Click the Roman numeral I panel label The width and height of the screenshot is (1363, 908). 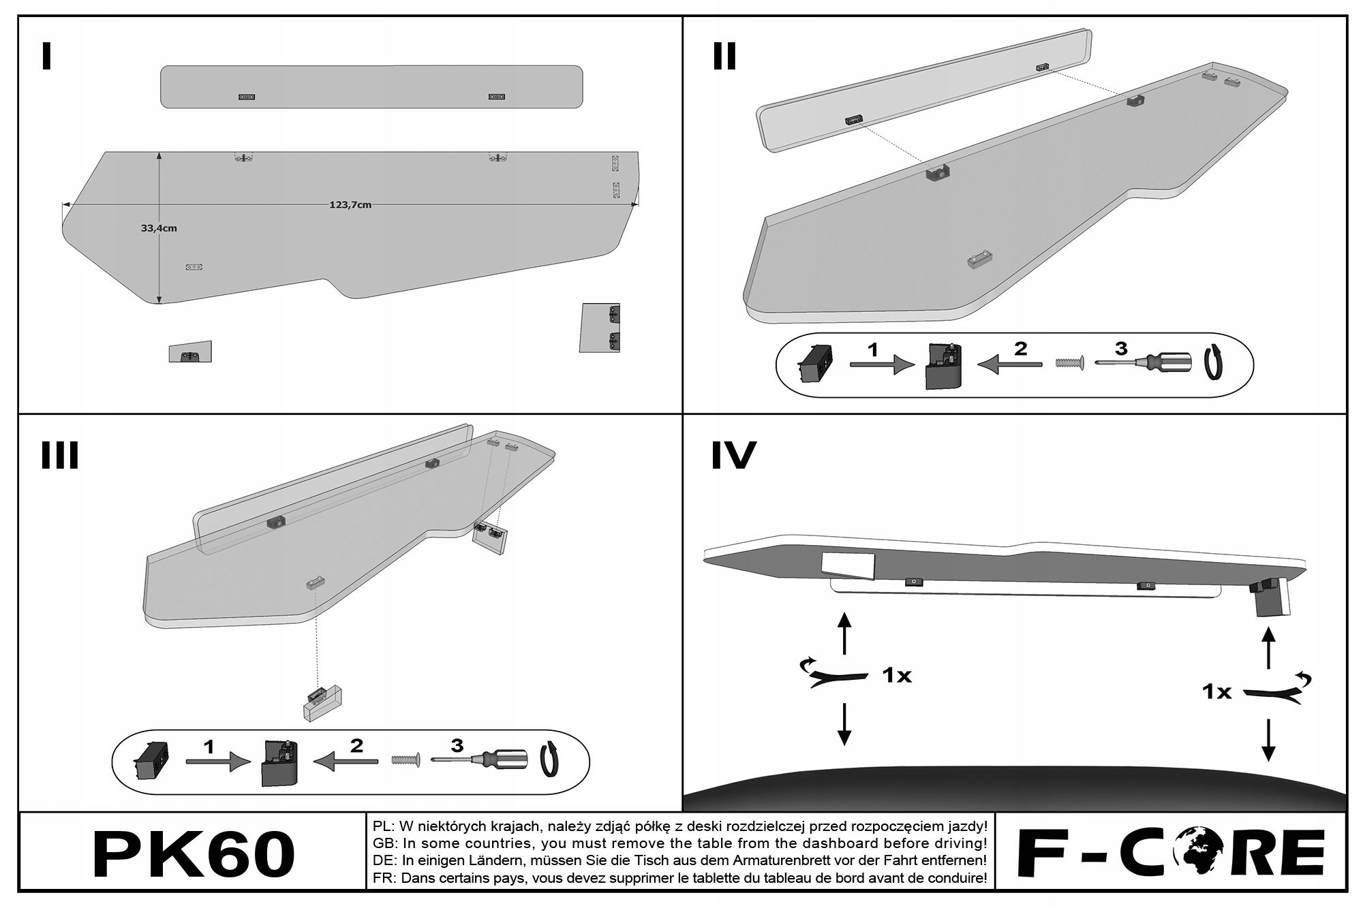[x=46, y=57]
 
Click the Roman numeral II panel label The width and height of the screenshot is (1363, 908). [x=724, y=57]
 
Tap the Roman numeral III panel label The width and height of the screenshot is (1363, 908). [x=60, y=456]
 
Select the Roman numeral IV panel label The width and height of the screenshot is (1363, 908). [x=733, y=456]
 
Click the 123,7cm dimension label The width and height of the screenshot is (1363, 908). [x=350, y=205]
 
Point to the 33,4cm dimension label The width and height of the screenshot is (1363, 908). [x=159, y=228]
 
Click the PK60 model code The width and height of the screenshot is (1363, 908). [x=193, y=854]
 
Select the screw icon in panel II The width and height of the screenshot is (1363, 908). [x=1069, y=363]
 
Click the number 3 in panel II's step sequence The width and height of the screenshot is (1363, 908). [x=1121, y=349]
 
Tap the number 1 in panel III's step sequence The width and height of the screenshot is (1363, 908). [x=209, y=747]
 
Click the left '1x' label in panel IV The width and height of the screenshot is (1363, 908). [x=896, y=676]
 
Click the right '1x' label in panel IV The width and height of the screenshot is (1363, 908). [x=1216, y=692]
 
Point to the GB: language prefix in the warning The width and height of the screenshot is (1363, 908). [x=384, y=844]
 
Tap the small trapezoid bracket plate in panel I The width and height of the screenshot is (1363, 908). [x=190, y=351]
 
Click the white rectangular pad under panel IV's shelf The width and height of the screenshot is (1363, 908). [x=848, y=565]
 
